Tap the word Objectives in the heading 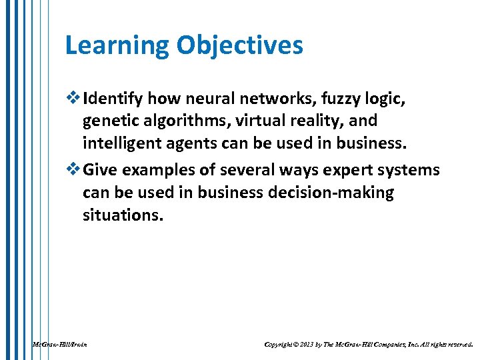click(x=239, y=45)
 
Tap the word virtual click(x=260, y=121)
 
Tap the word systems click(x=407, y=170)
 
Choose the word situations click(x=122, y=215)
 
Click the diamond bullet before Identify click(x=73, y=99)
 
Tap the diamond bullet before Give click(x=73, y=170)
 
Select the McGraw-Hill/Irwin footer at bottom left click(x=60, y=345)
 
